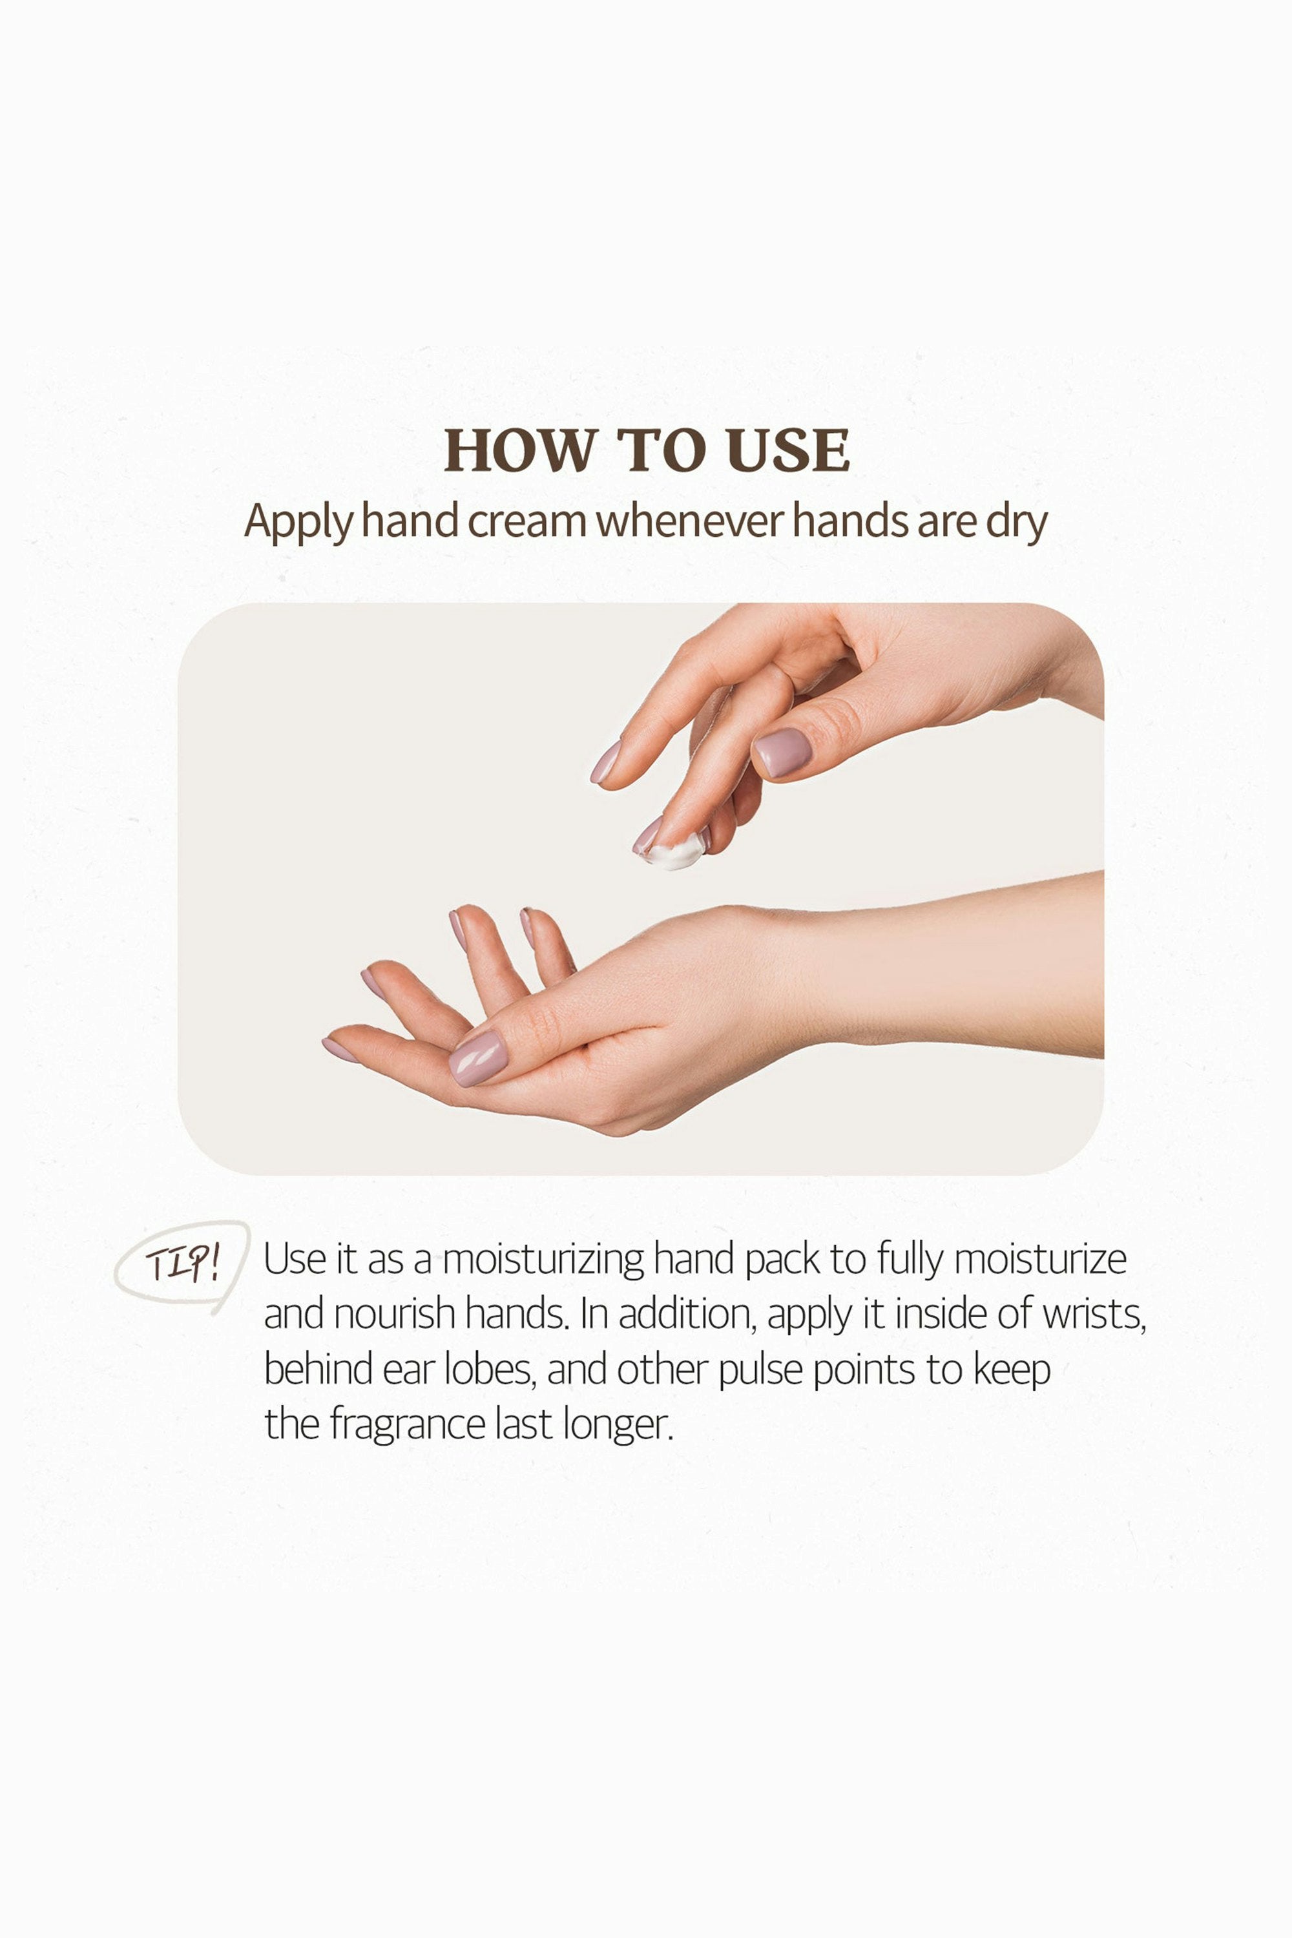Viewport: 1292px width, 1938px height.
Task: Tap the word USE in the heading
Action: pyautogui.click(x=789, y=451)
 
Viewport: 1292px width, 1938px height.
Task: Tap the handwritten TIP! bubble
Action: pyautogui.click(x=182, y=1265)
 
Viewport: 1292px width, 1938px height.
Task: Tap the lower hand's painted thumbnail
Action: pyautogui.click(x=478, y=1059)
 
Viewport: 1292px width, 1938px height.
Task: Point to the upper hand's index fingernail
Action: pyautogui.click(x=606, y=762)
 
